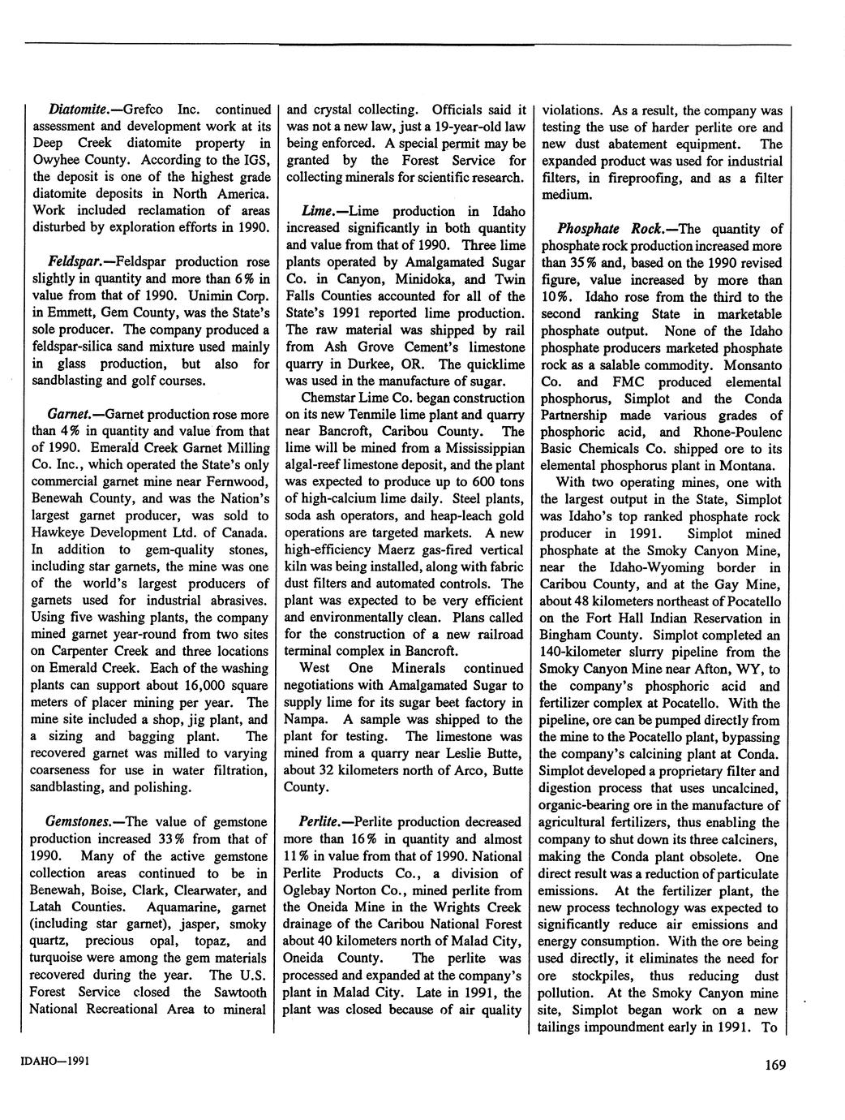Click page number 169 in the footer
pyautogui.click(x=774, y=1066)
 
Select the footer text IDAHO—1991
pyautogui.click(x=53, y=1061)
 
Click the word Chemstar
pyautogui.click(x=326, y=398)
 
